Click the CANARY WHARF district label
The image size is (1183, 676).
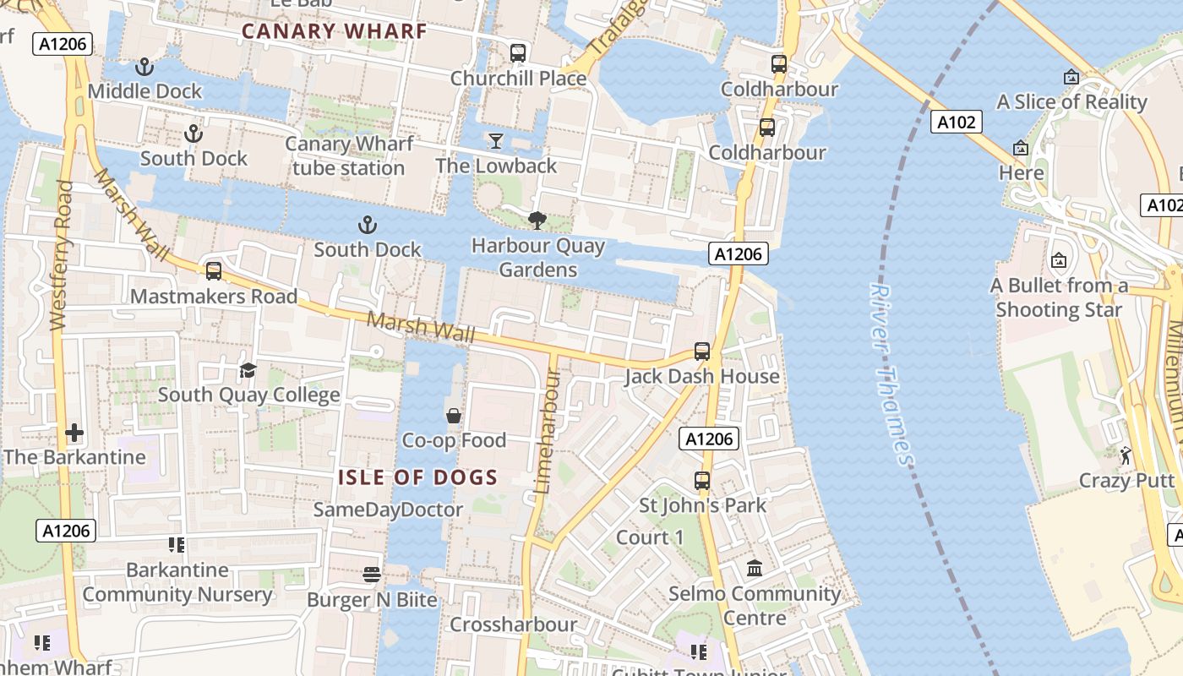coord(334,31)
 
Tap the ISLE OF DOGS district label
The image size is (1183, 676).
coord(417,477)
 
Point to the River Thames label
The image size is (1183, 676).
coord(891,374)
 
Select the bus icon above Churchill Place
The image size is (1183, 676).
coord(518,53)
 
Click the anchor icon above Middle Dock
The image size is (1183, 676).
coord(144,66)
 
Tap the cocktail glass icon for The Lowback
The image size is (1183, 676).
coord(495,140)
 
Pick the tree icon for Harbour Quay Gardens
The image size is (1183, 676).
coord(537,221)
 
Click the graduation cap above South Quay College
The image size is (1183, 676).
coord(248,370)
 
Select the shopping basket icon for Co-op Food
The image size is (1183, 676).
coord(454,416)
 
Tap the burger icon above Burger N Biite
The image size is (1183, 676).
coord(372,575)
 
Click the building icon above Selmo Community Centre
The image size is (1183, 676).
coord(755,568)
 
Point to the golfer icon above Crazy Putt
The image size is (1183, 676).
coord(1126,456)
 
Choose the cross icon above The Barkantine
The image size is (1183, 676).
coord(74,433)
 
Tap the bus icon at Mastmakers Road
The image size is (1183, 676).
coord(214,271)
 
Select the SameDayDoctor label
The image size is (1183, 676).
coord(388,510)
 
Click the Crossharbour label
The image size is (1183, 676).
coord(513,624)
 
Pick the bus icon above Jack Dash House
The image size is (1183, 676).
coord(702,352)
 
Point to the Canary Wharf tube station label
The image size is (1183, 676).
coord(349,155)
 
